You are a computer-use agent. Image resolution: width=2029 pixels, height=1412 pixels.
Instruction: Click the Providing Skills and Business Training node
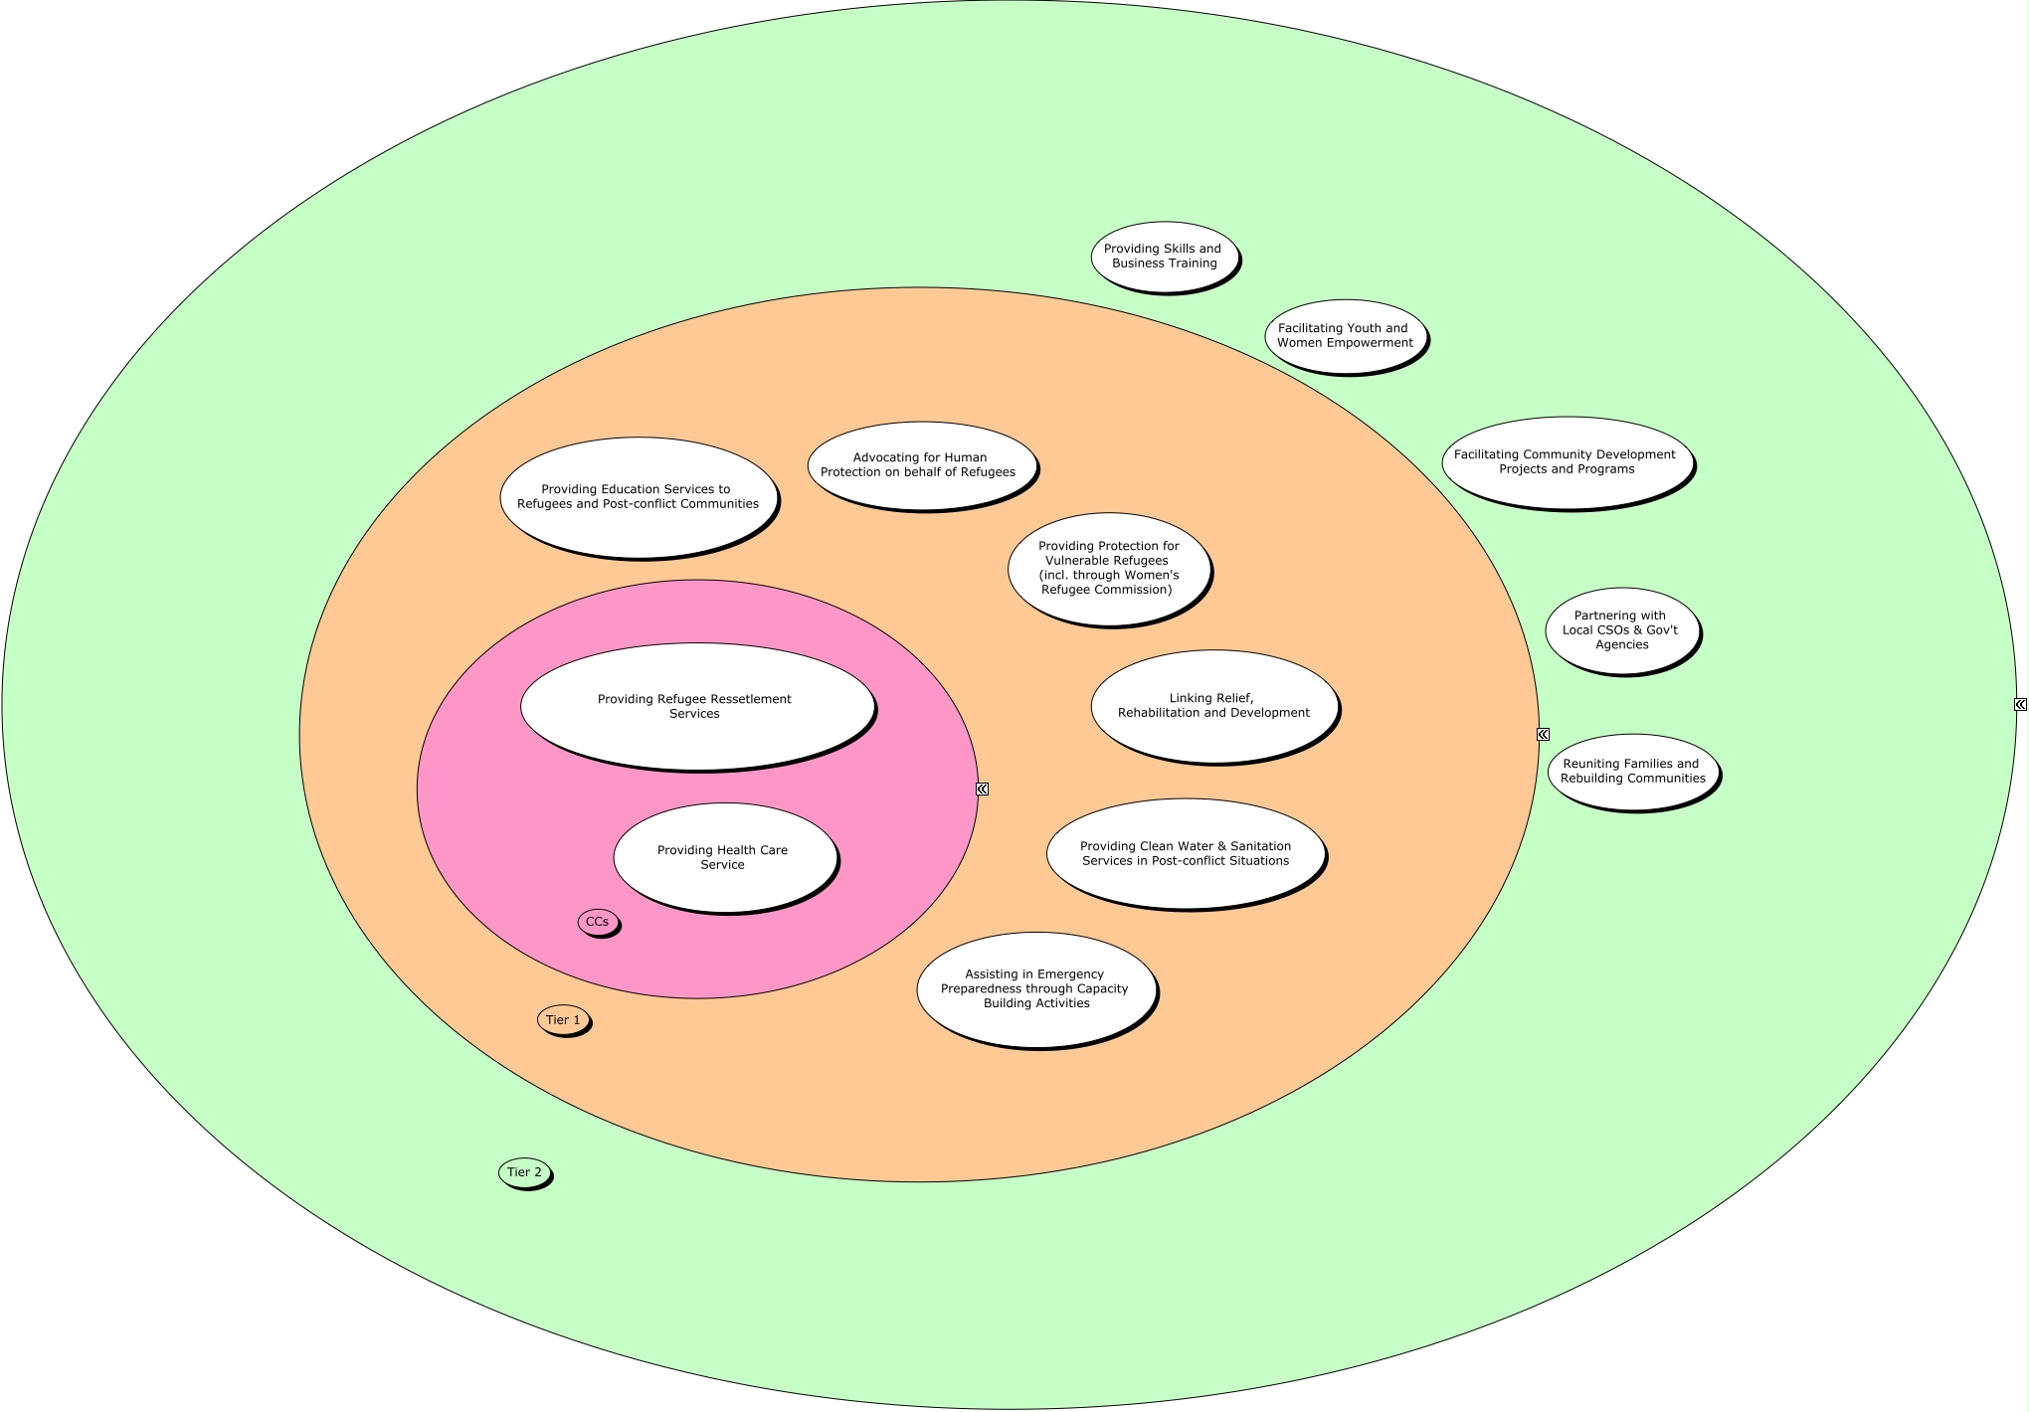tap(1164, 257)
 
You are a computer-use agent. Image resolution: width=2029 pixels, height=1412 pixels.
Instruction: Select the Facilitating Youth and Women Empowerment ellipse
tap(1345, 336)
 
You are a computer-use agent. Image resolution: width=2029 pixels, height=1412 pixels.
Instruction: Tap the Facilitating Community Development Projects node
tap(1567, 462)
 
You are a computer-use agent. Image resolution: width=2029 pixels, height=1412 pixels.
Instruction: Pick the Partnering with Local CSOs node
tap(1621, 630)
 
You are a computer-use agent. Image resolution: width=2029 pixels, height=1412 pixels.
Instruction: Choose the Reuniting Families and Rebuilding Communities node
tap(1632, 772)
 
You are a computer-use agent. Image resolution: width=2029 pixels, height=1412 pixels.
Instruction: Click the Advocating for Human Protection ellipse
tap(920, 465)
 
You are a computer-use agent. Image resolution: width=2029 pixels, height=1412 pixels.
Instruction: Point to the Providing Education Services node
tap(638, 497)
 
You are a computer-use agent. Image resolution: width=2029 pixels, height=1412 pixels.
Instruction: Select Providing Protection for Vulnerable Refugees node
tap(1108, 569)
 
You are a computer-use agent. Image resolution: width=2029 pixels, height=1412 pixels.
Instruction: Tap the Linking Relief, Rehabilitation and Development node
tap(1213, 706)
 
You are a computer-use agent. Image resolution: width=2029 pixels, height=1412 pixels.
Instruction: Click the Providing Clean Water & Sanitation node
tap(1186, 853)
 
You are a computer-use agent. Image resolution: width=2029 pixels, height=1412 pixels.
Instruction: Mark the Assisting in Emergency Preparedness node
tap(1035, 989)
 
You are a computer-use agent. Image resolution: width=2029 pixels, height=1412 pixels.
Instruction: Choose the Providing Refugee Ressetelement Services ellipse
tap(696, 706)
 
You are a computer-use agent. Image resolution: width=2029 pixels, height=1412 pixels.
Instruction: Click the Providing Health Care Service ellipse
tap(724, 857)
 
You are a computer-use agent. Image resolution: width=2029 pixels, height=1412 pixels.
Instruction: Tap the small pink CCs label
tap(598, 922)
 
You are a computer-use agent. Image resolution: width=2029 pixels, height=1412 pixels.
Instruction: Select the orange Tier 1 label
tap(563, 1020)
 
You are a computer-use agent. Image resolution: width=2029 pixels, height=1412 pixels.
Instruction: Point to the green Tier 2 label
tap(524, 1172)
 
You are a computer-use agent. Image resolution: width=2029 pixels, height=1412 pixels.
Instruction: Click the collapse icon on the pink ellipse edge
tap(982, 789)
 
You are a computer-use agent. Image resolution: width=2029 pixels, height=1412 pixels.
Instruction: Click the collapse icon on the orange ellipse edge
tap(1543, 734)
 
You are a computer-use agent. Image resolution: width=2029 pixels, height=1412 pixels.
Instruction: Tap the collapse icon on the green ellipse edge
tap(2020, 704)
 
